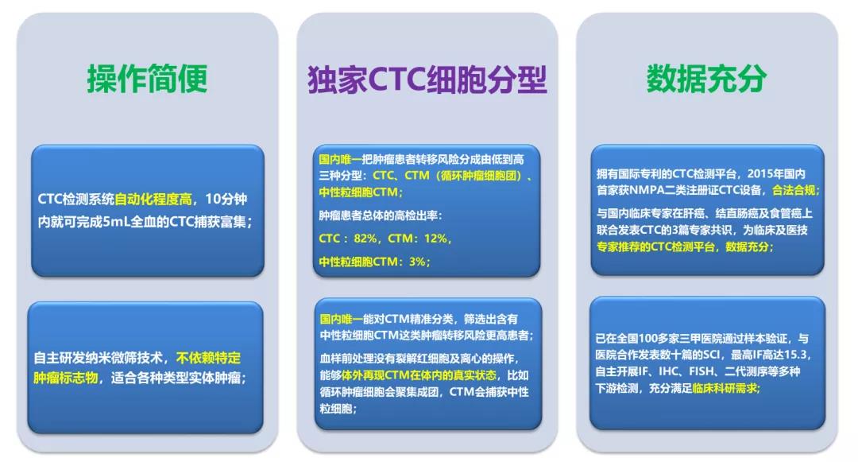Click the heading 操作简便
(x=147, y=79)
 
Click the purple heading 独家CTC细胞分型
(x=427, y=79)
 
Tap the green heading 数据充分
(x=706, y=79)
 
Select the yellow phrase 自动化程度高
(x=153, y=199)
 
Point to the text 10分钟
(x=226, y=199)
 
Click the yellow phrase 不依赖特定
(x=208, y=358)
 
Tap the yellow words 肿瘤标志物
(x=66, y=378)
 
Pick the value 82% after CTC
(x=365, y=239)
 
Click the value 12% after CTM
(x=435, y=239)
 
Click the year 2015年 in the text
(x=761, y=174)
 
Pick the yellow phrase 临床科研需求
(x=725, y=388)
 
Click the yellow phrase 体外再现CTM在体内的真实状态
(x=419, y=375)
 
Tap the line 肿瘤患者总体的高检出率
(x=379, y=215)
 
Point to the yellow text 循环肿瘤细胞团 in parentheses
(x=478, y=176)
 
